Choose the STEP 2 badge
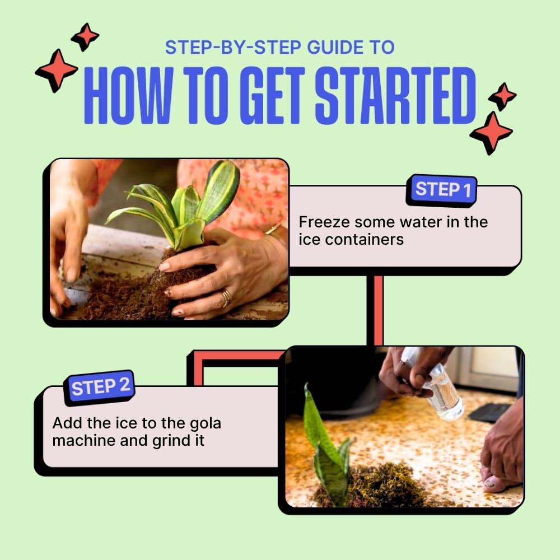tap(101, 387)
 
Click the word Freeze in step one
tap(321, 222)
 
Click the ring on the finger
tap(226, 297)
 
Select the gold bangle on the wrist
tap(273, 230)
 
